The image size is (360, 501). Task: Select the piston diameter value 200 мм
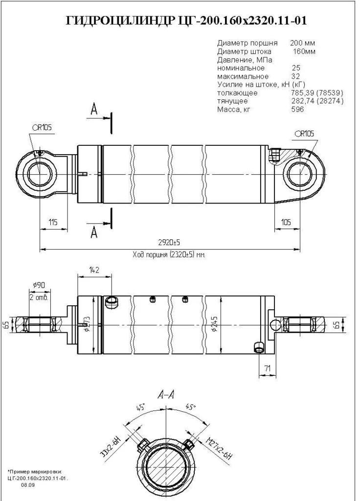coord(302,43)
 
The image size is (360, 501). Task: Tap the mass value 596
coord(297,109)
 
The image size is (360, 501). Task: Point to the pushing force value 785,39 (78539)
coord(317,92)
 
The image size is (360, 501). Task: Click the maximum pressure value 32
coord(295,76)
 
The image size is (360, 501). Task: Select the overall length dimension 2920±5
coord(170,243)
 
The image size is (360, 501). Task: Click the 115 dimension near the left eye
coord(53,222)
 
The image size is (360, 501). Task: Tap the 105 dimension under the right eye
coord(286,222)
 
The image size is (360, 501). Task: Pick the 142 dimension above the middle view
coord(94,270)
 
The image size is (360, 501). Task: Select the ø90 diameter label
coord(39,285)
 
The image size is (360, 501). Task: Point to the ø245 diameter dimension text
coord(215,325)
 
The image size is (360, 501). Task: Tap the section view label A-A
coord(166,395)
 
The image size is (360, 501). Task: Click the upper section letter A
coord(94,110)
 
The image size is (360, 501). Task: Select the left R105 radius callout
coord(42,128)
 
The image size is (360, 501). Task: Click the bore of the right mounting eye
coord(300,175)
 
